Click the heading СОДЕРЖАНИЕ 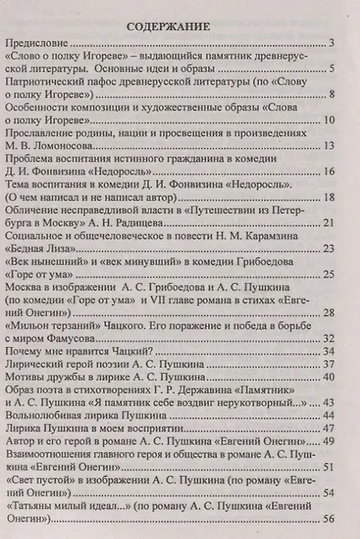tap(179, 26)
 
